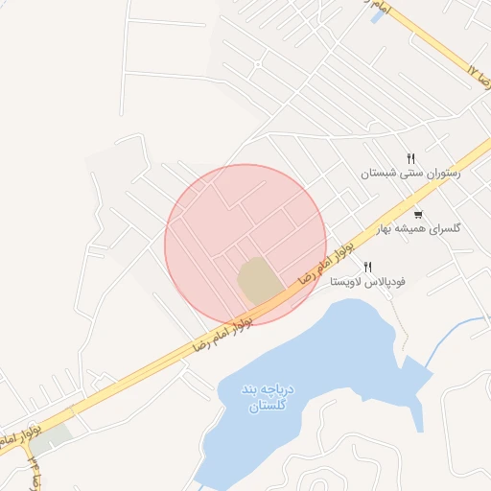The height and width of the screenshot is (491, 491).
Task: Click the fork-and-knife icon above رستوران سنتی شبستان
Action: [x=410, y=158]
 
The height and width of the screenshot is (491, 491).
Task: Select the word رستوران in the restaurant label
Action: [x=441, y=174]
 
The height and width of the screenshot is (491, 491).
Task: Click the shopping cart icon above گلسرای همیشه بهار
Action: [x=418, y=214]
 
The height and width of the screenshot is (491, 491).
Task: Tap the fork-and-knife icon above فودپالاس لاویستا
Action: [x=367, y=267]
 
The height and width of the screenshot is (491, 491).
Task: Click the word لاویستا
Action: [x=346, y=283]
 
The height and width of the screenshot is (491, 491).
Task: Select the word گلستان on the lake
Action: [x=255, y=407]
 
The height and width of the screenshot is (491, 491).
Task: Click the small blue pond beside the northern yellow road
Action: [x=378, y=15]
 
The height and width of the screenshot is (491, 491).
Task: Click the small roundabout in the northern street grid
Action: [x=257, y=64]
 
